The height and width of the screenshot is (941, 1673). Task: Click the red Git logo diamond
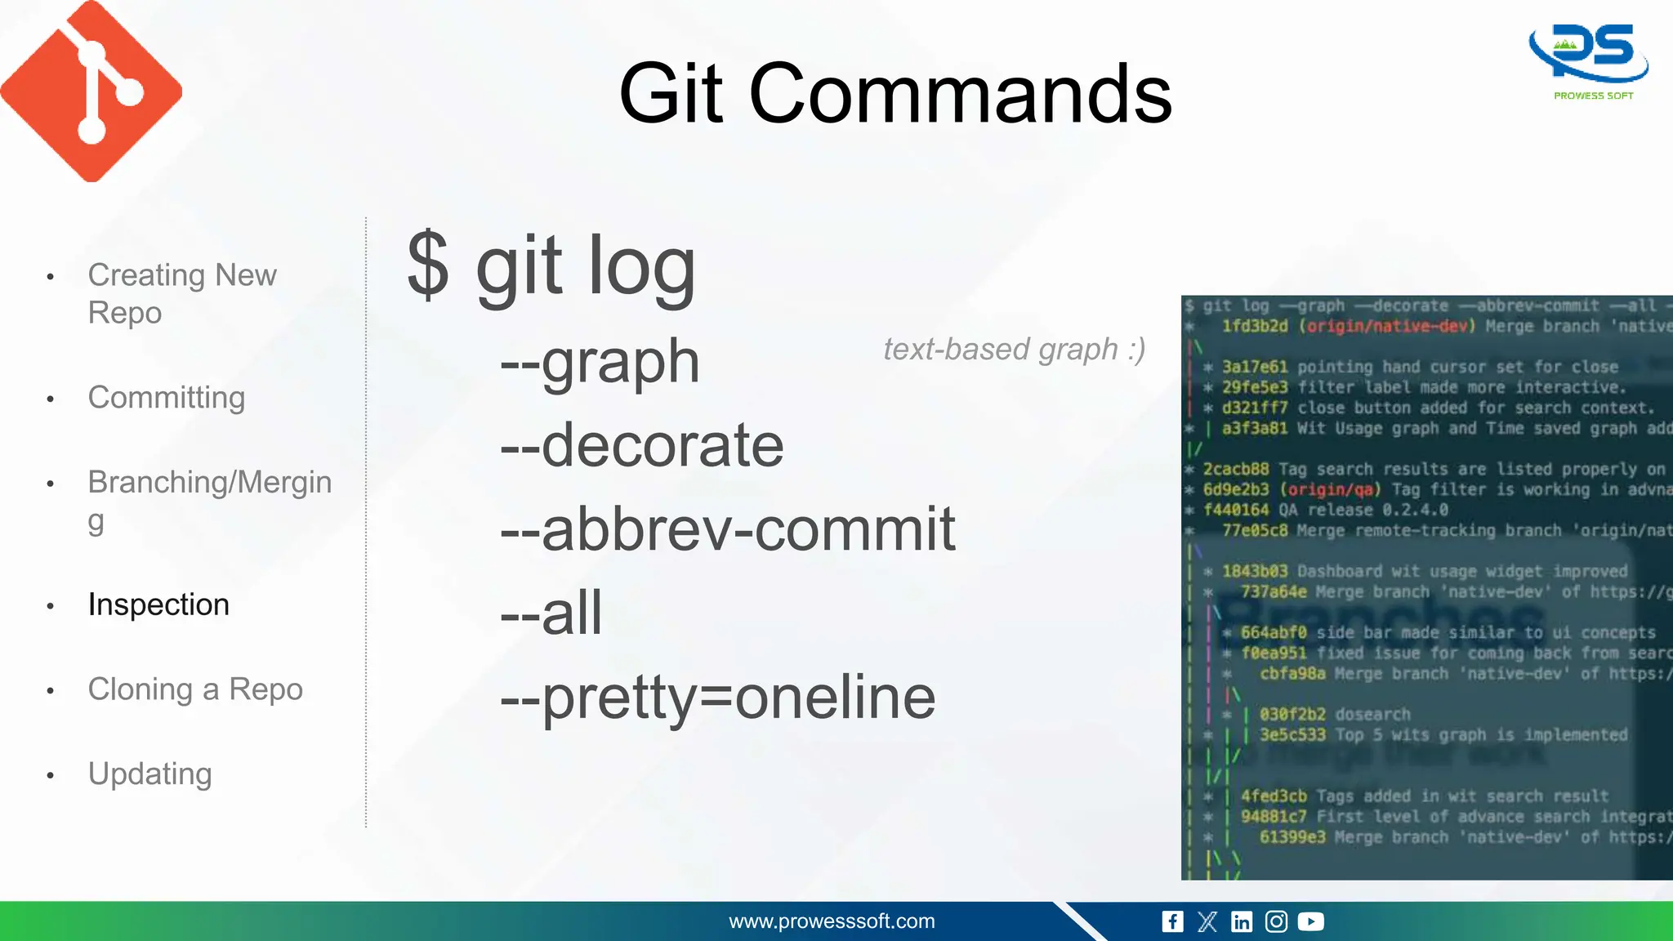[x=91, y=91]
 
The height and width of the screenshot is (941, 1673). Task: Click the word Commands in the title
[x=960, y=94]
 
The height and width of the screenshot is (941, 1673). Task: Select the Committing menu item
[x=166, y=398]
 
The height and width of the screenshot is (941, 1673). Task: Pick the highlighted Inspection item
[x=158, y=604]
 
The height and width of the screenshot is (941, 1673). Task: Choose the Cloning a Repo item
[x=195, y=689]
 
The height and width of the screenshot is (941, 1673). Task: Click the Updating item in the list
[x=149, y=774]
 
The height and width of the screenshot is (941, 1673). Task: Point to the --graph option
[x=600, y=361]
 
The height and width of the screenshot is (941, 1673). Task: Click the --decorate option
[x=642, y=445]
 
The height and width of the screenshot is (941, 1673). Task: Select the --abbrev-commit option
[x=727, y=529]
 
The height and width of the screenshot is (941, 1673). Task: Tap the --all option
[x=551, y=613]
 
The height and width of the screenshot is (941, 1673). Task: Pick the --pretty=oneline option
[x=717, y=698]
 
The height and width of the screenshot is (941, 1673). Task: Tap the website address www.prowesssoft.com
[x=832, y=921]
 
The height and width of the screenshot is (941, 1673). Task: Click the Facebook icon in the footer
[x=1172, y=922]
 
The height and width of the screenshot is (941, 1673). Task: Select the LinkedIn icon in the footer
[x=1242, y=922]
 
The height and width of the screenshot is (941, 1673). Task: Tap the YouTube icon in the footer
[x=1310, y=922]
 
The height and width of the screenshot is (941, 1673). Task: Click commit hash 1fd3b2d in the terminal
[x=1255, y=327]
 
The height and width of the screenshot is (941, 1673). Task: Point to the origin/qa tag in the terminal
[x=1330, y=490]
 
